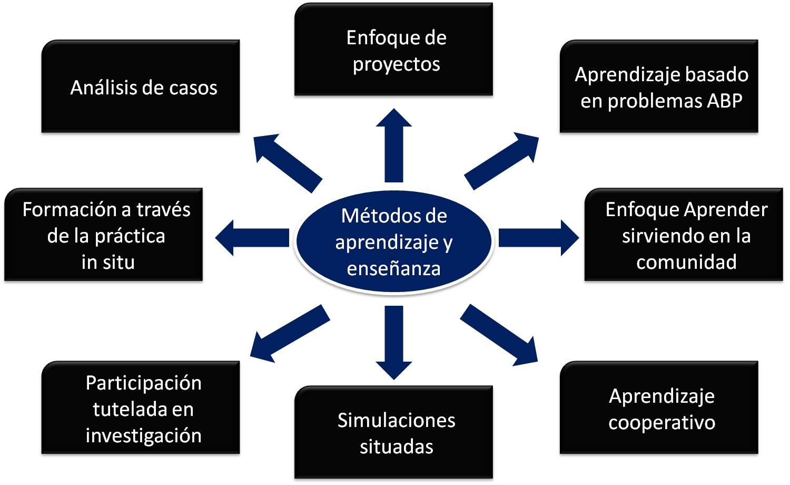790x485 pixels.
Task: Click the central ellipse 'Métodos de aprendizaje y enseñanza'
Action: tap(394, 241)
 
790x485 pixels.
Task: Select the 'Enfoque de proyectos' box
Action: tap(393, 50)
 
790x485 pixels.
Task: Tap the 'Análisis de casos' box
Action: tap(141, 87)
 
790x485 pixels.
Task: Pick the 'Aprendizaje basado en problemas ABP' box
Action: tap(659, 87)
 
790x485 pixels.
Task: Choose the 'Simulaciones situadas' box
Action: tap(393, 433)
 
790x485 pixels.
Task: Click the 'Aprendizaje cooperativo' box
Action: tap(659, 408)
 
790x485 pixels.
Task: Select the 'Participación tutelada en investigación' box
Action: tap(141, 408)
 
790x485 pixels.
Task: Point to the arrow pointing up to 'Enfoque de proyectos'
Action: tap(394, 145)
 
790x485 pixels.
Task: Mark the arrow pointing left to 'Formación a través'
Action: tap(253, 238)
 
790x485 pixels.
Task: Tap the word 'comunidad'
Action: tap(686, 261)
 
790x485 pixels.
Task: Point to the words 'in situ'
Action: tap(108, 261)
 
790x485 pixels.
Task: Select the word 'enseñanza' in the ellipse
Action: tap(394, 268)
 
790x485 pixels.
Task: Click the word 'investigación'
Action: tap(143, 435)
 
